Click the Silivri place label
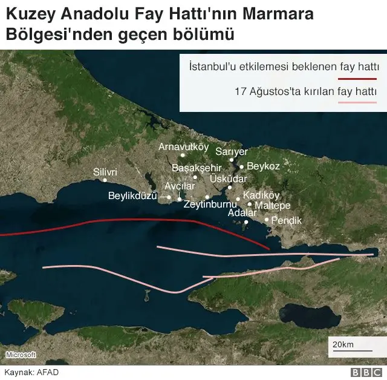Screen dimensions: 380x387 pyautogui.click(x=105, y=171)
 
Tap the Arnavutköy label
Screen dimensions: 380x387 pyautogui.click(x=183, y=146)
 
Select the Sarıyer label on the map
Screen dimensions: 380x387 pyautogui.click(x=231, y=151)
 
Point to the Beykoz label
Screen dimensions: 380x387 pyautogui.click(x=264, y=166)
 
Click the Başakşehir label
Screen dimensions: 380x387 pyautogui.click(x=197, y=167)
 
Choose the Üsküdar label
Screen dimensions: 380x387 pyautogui.click(x=229, y=179)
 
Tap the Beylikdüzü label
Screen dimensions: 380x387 pyautogui.click(x=132, y=195)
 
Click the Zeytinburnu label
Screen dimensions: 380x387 pyautogui.click(x=210, y=205)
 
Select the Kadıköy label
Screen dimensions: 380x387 pyautogui.click(x=261, y=195)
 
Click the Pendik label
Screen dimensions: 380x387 pyautogui.click(x=286, y=220)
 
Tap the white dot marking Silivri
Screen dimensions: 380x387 pyautogui.click(x=105, y=180)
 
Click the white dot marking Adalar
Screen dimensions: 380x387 pyautogui.click(x=246, y=221)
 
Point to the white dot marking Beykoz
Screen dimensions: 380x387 pyautogui.click(x=241, y=166)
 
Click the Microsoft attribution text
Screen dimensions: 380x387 pyautogui.click(x=21, y=355)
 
